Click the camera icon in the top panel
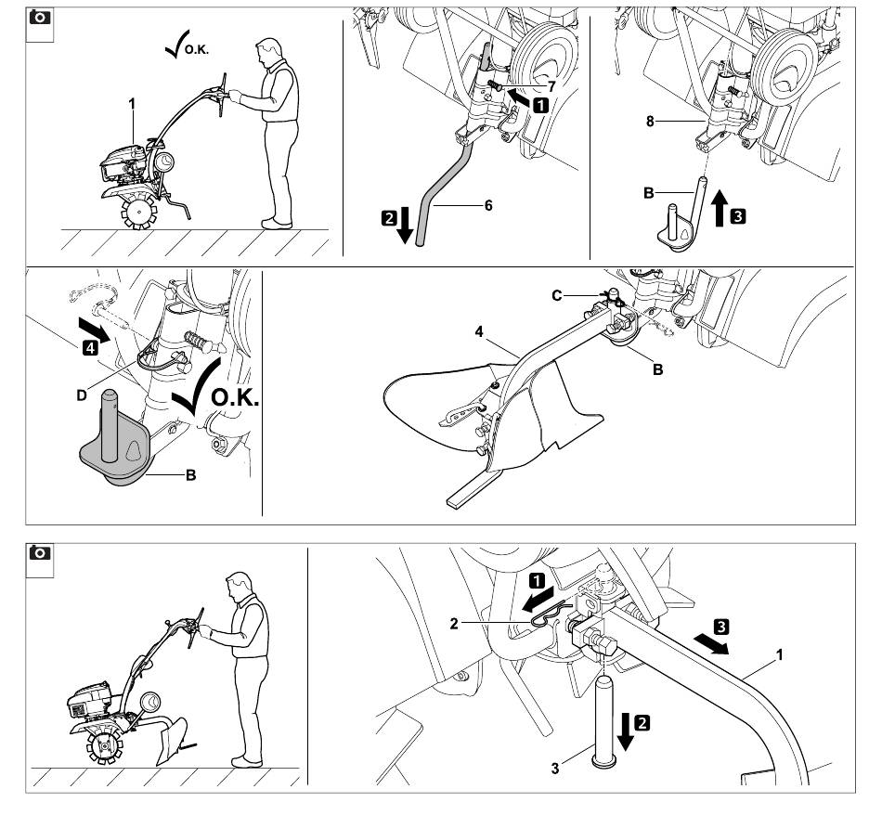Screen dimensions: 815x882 pyautogui.click(x=40, y=19)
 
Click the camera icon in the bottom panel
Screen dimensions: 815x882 pyautogui.click(x=40, y=556)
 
